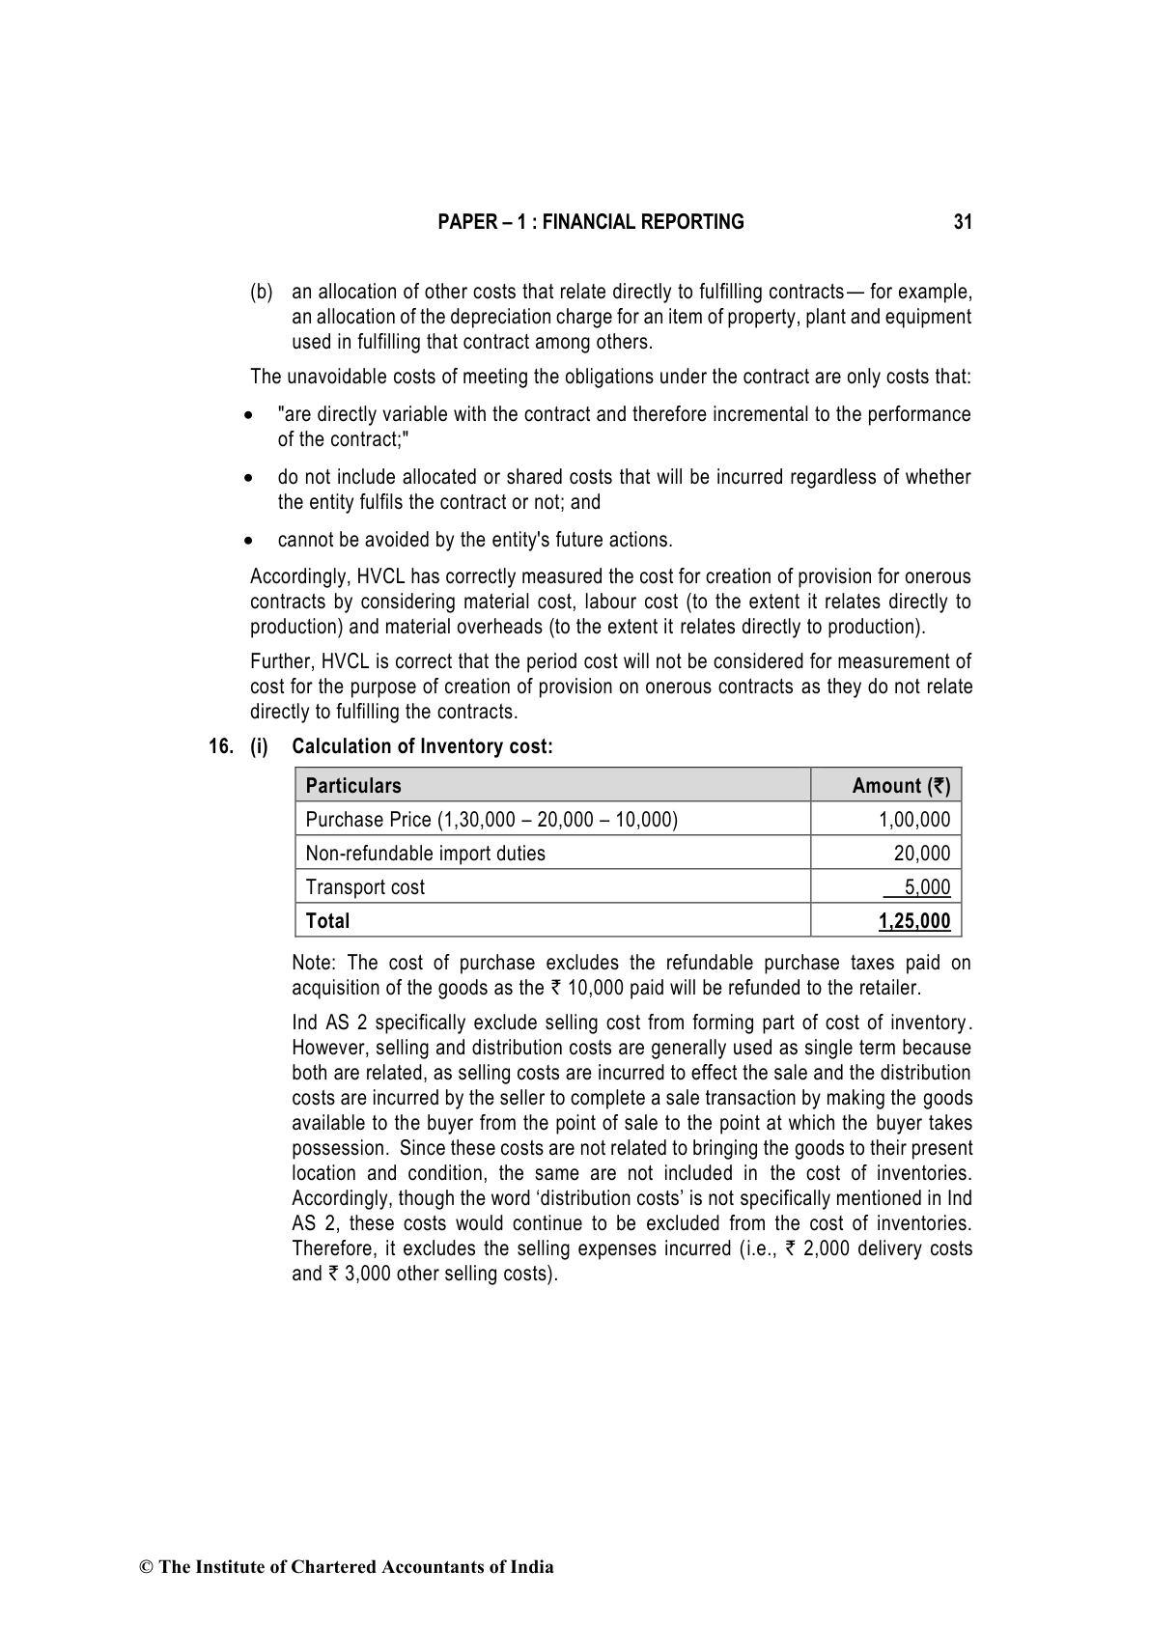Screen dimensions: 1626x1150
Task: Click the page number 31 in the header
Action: [962, 222]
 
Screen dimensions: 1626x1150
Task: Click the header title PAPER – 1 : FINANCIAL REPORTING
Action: [590, 222]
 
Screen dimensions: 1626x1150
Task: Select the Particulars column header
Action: [352, 786]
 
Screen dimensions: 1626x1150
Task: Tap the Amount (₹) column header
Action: [900, 786]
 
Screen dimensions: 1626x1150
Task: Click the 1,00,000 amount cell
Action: [913, 820]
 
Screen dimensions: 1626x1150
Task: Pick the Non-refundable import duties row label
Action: [425, 854]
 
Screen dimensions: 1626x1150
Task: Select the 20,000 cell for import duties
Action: [921, 854]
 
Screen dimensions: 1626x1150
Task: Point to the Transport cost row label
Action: [364, 887]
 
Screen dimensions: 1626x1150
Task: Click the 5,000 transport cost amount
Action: [926, 887]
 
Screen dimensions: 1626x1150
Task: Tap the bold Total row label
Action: [327, 921]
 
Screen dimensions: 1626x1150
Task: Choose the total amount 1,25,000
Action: [913, 921]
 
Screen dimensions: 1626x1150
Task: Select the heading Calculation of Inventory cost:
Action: [422, 746]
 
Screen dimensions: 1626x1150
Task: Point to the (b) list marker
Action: [261, 292]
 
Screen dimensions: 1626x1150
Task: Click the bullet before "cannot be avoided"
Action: [249, 541]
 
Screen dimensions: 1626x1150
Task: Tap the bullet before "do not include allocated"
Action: [249, 478]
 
